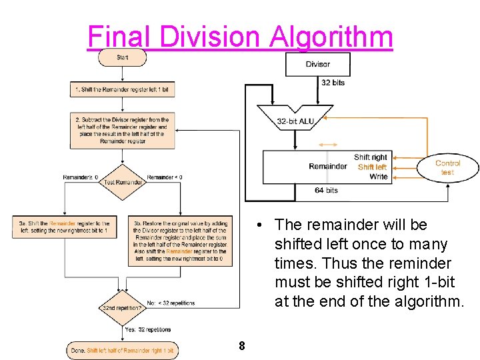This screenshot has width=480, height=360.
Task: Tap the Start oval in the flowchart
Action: pyautogui.click(x=123, y=57)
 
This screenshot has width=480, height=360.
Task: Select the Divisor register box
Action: pyautogui.click(x=318, y=64)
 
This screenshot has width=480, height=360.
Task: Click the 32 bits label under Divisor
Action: pyautogui.click(x=333, y=83)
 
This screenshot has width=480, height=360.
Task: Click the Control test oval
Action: pyautogui.click(x=447, y=167)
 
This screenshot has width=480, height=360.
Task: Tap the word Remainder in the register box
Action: pyautogui.click(x=328, y=167)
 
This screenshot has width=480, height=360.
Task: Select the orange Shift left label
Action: pyautogui.click(x=371, y=167)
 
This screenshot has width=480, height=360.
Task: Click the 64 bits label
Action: pyautogui.click(x=327, y=190)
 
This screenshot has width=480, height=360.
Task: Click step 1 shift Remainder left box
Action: pyautogui.click(x=123, y=89)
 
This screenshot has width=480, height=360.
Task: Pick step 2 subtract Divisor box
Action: pyautogui.click(x=123, y=131)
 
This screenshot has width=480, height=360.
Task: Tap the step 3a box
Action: pyautogui.click(x=64, y=227)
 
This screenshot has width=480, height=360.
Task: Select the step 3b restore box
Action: pyautogui.click(x=181, y=241)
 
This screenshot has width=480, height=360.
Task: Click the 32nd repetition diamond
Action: pyautogui.click(x=123, y=308)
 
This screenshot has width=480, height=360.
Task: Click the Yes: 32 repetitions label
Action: pyautogui.click(x=148, y=330)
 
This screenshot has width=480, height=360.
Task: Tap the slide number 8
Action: pyautogui.click(x=241, y=346)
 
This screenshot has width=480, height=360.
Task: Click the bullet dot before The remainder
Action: pyautogui.click(x=265, y=225)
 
